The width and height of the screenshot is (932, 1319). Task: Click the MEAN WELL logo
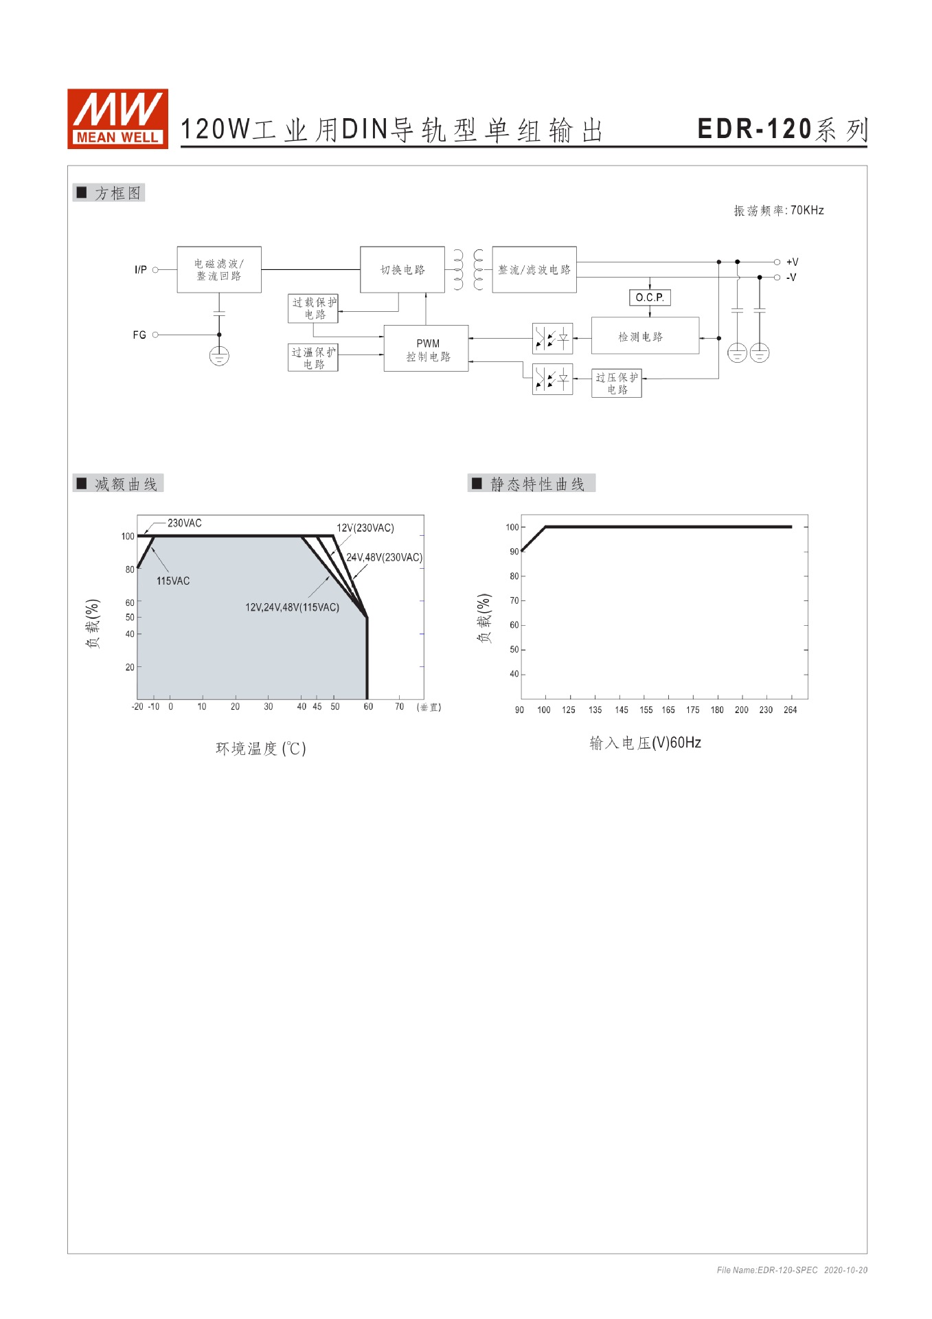click(x=117, y=118)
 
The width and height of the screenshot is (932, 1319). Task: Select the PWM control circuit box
click(x=427, y=349)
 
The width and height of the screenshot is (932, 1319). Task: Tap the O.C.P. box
click(x=650, y=297)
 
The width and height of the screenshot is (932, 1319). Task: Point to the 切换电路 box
click(x=402, y=270)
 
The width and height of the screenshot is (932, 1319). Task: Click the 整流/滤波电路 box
click(x=534, y=270)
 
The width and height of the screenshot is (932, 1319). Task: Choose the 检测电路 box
click(x=644, y=337)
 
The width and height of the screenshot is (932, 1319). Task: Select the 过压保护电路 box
click(x=617, y=383)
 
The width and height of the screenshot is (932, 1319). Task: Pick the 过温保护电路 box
click(x=313, y=358)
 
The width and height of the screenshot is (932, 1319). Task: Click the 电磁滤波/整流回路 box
click(x=219, y=270)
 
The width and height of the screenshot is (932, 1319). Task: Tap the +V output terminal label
click(x=793, y=262)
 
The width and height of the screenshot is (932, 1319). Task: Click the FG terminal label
click(x=139, y=335)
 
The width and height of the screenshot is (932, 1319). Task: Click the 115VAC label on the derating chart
click(x=173, y=581)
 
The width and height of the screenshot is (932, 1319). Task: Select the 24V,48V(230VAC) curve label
click(x=384, y=557)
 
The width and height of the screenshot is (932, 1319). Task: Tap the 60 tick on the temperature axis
click(x=368, y=707)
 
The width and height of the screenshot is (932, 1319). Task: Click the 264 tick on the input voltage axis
click(x=791, y=710)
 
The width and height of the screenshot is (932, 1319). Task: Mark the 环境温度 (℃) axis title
click(x=261, y=748)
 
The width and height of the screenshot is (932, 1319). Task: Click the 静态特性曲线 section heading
click(x=537, y=484)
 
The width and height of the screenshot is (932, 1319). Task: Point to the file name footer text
click(x=791, y=1270)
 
